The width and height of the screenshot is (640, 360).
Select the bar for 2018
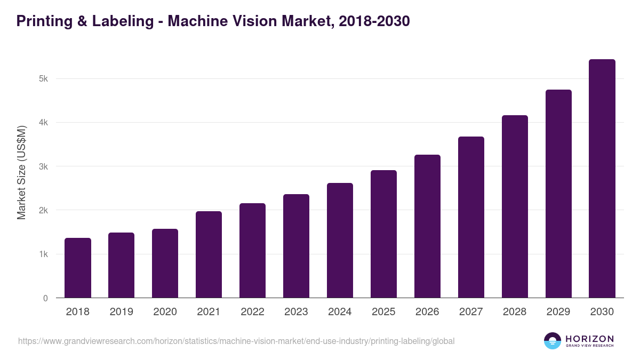coord(78,268)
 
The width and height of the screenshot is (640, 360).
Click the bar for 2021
coord(209,254)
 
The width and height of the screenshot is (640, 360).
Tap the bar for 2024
coord(340,240)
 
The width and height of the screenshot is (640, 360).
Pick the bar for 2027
coord(471,217)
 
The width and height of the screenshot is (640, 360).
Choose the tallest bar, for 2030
coord(602,179)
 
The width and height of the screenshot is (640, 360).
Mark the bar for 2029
coord(558,194)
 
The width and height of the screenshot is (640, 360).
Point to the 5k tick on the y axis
coord(43,79)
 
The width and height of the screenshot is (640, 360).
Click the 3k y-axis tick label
coord(43,167)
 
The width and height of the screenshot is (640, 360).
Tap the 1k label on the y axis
coord(43,254)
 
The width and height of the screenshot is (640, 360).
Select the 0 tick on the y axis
coord(45,299)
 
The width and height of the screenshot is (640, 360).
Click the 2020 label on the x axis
coord(165,312)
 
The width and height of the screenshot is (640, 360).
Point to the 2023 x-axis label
coord(296,312)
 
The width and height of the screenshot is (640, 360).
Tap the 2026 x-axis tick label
coord(427,312)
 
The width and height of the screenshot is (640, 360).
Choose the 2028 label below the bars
coord(515,312)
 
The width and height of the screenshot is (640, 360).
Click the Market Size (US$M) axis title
coord(22,172)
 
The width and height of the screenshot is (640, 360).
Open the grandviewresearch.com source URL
coord(236,341)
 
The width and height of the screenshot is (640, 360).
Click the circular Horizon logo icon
coord(553,341)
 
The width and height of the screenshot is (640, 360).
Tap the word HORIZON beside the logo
coord(589,339)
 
